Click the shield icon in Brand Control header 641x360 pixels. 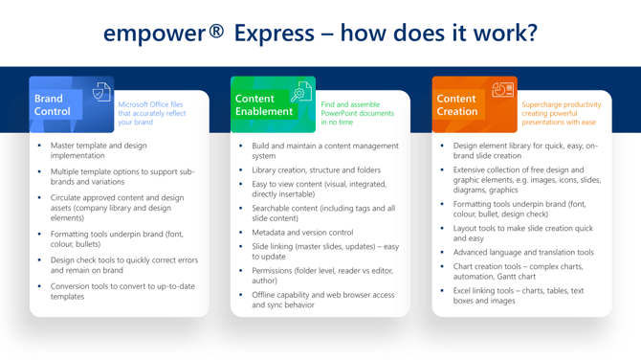point(99,93)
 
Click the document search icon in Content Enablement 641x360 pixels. point(301,93)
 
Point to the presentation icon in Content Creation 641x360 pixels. point(501,91)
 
